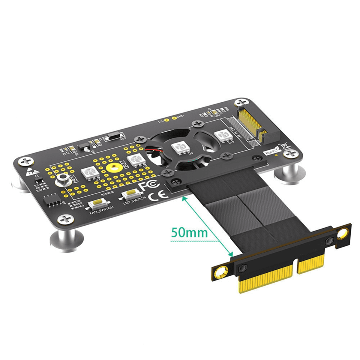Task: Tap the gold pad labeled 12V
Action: tap(166, 120)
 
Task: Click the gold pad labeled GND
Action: tap(174, 118)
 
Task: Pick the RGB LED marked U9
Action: tap(179, 148)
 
